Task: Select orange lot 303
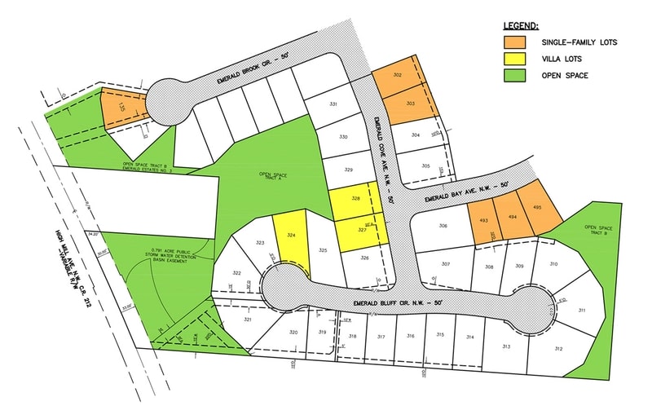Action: (x=410, y=104)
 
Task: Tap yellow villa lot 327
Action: (x=360, y=232)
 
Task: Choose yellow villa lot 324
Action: (x=291, y=236)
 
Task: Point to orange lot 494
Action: (x=513, y=218)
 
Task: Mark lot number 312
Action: (x=557, y=348)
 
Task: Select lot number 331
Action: (x=333, y=105)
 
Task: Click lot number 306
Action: (x=443, y=226)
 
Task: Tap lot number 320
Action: (x=293, y=333)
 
